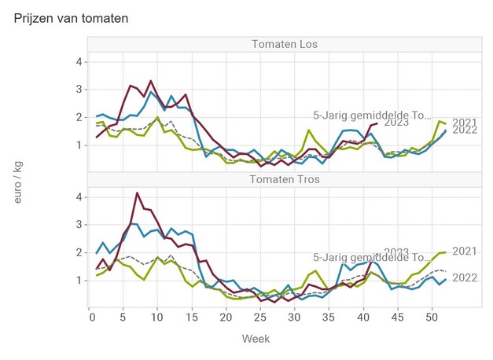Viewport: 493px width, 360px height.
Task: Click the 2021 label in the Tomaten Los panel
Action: (465, 123)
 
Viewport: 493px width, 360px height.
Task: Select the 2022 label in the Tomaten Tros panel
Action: (465, 278)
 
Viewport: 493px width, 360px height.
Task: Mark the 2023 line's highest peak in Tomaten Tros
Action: (137, 193)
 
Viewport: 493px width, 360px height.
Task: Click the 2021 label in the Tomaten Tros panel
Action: (465, 252)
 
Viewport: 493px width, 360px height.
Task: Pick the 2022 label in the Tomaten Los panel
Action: (465, 130)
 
